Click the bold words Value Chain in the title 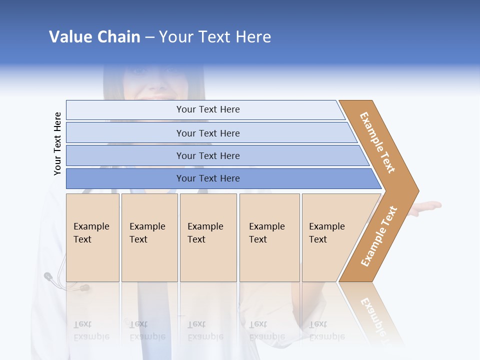94,37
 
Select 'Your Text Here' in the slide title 215,37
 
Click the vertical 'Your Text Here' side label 57,143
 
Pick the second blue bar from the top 207,133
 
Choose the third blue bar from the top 207,155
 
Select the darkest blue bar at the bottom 207,178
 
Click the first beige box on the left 92,237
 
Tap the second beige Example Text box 149,237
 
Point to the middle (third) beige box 208,237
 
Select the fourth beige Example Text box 269,237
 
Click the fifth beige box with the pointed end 330,237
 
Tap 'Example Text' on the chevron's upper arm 377,142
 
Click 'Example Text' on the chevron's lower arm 379,236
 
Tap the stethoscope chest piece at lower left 48,275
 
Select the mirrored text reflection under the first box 91,330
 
